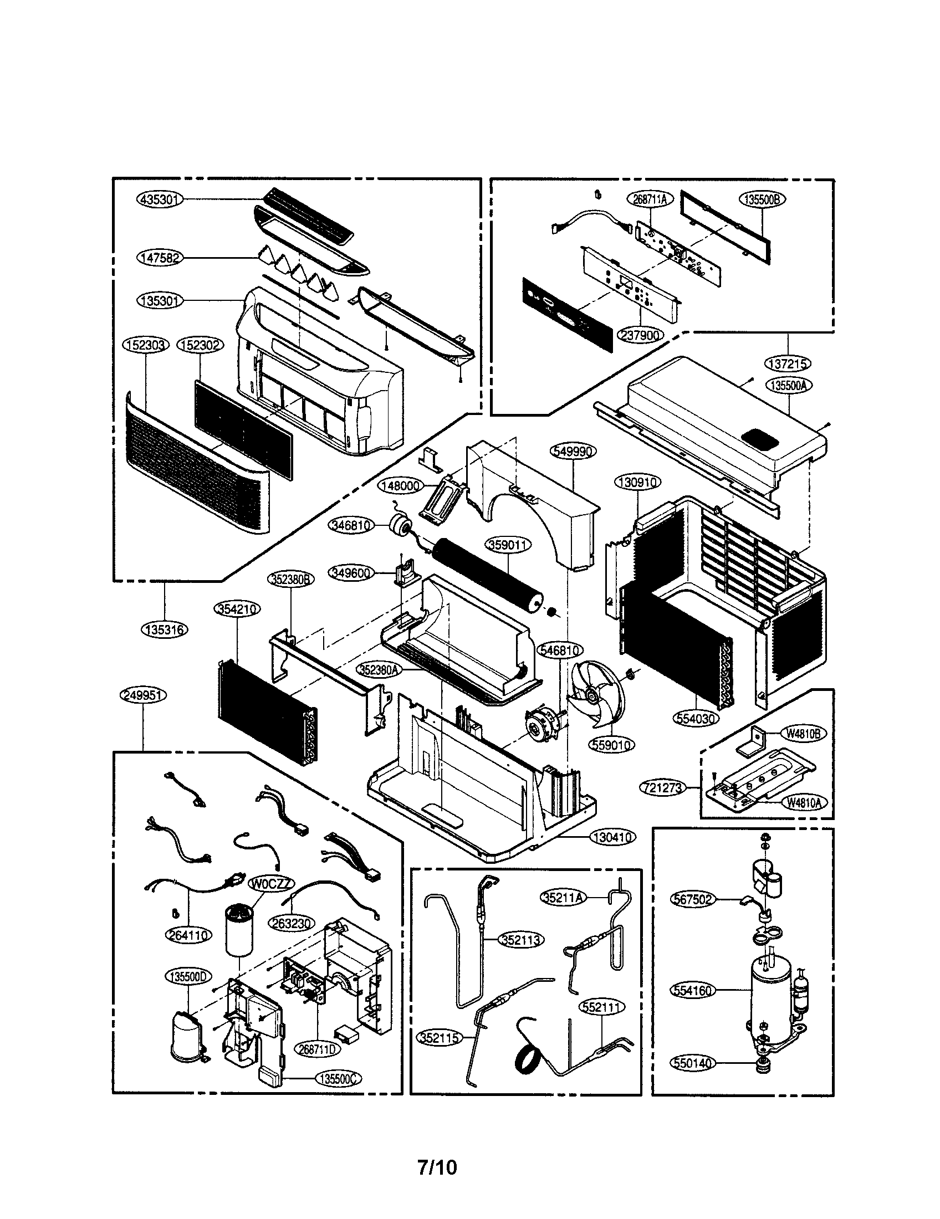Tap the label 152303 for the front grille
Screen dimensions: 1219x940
point(145,346)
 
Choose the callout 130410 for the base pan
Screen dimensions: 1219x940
point(613,853)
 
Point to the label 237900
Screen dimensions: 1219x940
point(641,335)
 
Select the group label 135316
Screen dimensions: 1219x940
point(165,629)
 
